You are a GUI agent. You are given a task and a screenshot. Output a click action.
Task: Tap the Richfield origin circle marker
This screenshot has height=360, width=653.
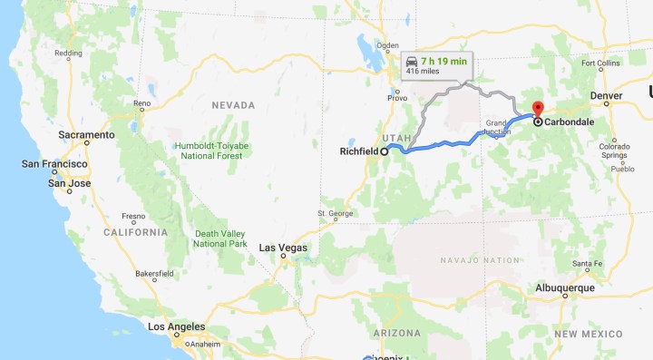tap(384, 152)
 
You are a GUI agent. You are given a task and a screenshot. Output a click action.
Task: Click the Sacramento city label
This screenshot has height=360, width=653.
tap(86, 134)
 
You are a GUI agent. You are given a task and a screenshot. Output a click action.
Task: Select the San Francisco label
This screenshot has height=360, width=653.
tap(54, 164)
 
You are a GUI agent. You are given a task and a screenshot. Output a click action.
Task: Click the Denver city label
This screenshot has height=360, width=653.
tap(605, 94)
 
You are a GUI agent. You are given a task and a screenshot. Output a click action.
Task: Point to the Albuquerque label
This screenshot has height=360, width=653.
tap(563, 287)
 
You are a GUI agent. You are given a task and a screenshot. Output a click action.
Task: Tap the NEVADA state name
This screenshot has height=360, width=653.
tap(233, 105)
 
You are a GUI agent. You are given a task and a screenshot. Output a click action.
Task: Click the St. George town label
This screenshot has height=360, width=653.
tap(335, 214)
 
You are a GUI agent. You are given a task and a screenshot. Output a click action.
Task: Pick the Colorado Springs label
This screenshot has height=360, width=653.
tap(613, 151)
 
